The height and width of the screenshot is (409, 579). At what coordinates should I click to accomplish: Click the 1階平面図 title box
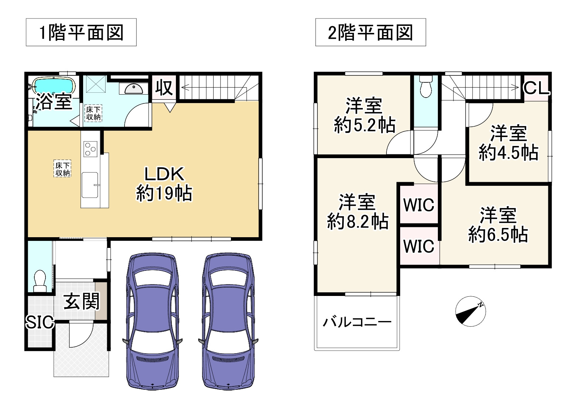pyautogui.click(x=81, y=33)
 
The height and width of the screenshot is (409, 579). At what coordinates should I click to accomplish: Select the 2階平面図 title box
pyautogui.click(x=370, y=33)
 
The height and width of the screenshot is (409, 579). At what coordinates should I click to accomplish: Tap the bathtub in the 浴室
pyautogui.click(x=54, y=86)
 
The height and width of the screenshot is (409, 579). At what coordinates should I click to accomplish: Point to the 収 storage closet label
pyautogui.click(x=164, y=88)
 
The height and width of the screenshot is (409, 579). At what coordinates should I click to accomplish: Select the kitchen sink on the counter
pyautogui.click(x=90, y=185)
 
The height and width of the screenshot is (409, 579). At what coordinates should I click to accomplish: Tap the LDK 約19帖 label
pyautogui.click(x=164, y=184)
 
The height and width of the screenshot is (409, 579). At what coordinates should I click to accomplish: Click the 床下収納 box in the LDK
pyautogui.click(x=62, y=169)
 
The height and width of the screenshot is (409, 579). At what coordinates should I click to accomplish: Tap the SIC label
pyautogui.click(x=40, y=322)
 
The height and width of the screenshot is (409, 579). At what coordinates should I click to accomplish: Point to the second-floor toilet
pyautogui.click(x=426, y=87)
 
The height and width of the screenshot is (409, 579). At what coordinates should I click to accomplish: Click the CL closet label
pyautogui.click(x=537, y=88)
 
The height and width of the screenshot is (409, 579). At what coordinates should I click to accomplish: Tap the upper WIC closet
pyautogui.click(x=419, y=204)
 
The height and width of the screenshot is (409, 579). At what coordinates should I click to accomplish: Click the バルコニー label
pyautogui.click(x=357, y=322)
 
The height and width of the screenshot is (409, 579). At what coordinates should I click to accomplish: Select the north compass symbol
pyautogui.click(x=470, y=311)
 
